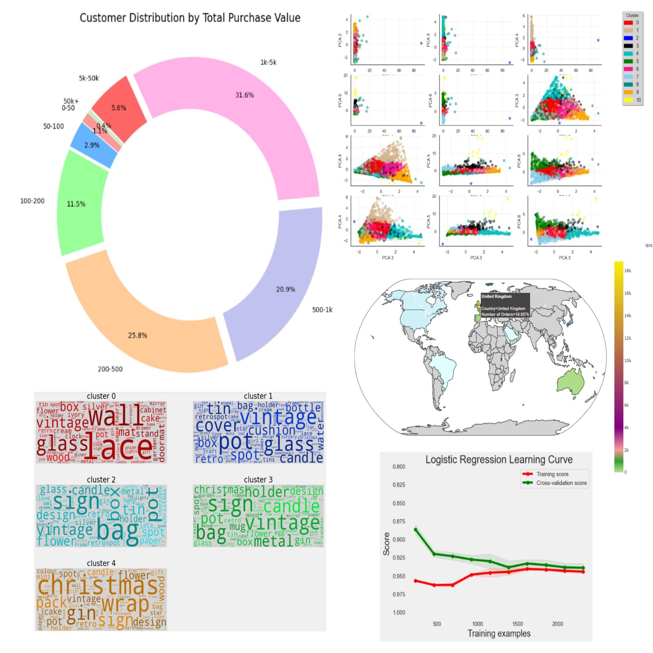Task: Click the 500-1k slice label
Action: coord(322,310)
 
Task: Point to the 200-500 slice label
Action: coord(110,369)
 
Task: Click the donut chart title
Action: coord(190,18)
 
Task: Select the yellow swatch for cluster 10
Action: coord(628,100)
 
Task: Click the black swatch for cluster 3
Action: coord(628,46)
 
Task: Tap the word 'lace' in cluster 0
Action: coord(122,447)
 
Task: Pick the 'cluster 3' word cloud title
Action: coord(258,480)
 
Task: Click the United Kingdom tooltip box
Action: coord(505,305)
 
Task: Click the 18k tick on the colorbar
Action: coord(627,271)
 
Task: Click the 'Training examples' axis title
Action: coord(499,633)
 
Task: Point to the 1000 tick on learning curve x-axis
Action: coord(477,624)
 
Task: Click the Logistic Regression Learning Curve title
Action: coord(499,460)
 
